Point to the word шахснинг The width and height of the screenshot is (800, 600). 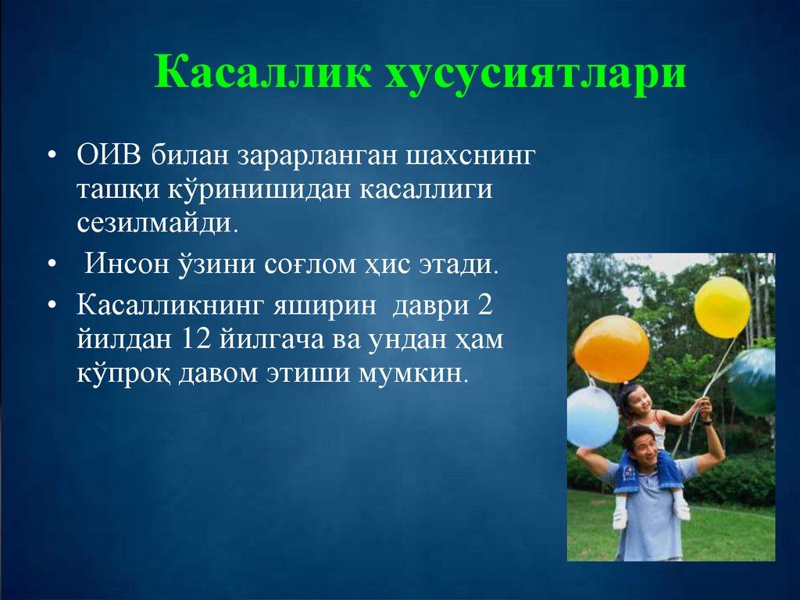pos(471,154)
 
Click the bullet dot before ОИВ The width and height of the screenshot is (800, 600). pos(52,154)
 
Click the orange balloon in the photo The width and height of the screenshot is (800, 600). pos(611,348)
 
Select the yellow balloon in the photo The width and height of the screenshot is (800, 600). pos(722,307)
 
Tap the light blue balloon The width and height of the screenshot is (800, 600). pos(591,416)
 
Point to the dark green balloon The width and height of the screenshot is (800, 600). pos(753,381)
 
